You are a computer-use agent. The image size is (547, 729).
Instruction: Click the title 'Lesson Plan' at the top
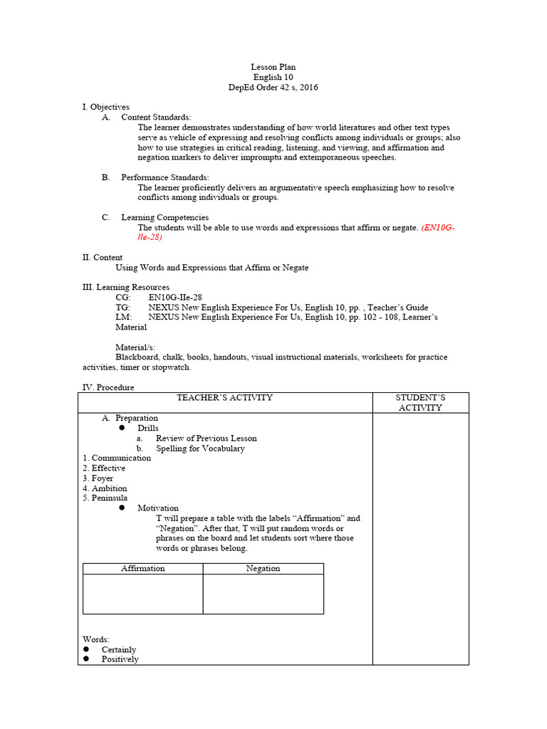273,67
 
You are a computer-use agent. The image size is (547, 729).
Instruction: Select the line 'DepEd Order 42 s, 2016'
273,88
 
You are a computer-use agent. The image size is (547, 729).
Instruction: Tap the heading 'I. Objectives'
106,107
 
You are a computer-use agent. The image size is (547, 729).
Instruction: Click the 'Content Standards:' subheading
156,117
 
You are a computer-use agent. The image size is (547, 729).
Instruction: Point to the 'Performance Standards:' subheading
165,177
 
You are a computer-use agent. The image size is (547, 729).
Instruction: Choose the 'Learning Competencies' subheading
165,217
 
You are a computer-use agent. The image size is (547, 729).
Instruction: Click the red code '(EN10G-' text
438,228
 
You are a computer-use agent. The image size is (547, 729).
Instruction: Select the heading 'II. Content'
103,258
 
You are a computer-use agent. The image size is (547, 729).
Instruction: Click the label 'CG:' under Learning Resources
123,297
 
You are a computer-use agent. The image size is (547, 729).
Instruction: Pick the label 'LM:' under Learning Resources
123,317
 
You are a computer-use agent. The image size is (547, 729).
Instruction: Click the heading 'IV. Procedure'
108,387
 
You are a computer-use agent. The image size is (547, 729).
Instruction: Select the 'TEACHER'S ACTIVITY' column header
224,398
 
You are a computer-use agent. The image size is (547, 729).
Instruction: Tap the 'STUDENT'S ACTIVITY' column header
420,403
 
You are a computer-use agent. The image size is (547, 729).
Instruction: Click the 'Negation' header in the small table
263,569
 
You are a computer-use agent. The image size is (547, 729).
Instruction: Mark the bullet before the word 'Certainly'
86,649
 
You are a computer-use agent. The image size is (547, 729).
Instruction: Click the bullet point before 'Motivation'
122,508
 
